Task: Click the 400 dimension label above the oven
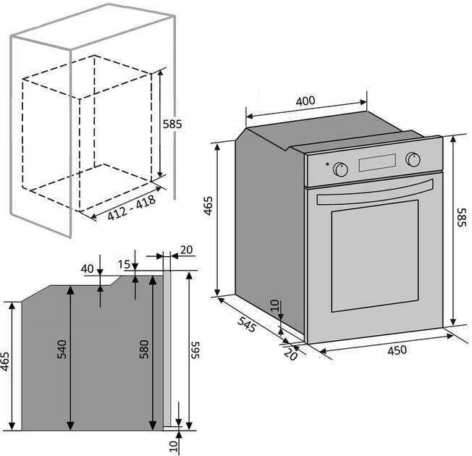pyautogui.click(x=305, y=101)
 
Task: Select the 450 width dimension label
pyautogui.click(x=397, y=350)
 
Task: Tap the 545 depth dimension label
pyautogui.click(x=247, y=324)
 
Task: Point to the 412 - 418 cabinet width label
pyautogui.click(x=132, y=208)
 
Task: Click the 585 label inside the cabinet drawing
pyautogui.click(x=172, y=124)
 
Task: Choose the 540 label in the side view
pyautogui.click(x=62, y=349)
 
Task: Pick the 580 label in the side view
pyautogui.click(x=144, y=349)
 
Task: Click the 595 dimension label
pyautogui.click(x=195, y=350)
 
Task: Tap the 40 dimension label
pyautogui.click(x=88, y=269)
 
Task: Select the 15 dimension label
pyautogui.click(x=124, y=264)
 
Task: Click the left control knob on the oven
pyautogui.click(x=340, y=169)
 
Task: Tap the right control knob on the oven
pyautogui.click(x=413, y=159)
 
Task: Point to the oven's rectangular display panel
pyautogui.click(x=377, y=163)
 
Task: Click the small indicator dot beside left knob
pyautogui.click(x=327, y=164)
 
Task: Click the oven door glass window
pyautogui.click(x=375, y=256)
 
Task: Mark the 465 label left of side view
pyautogui.click(x=5, y=361)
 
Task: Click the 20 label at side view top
pyautogui.click(x=186, y=250)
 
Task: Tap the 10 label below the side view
pyautogui.click(x=174, y=446)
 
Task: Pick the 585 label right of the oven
pyautogui.click(x=462, y=217)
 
